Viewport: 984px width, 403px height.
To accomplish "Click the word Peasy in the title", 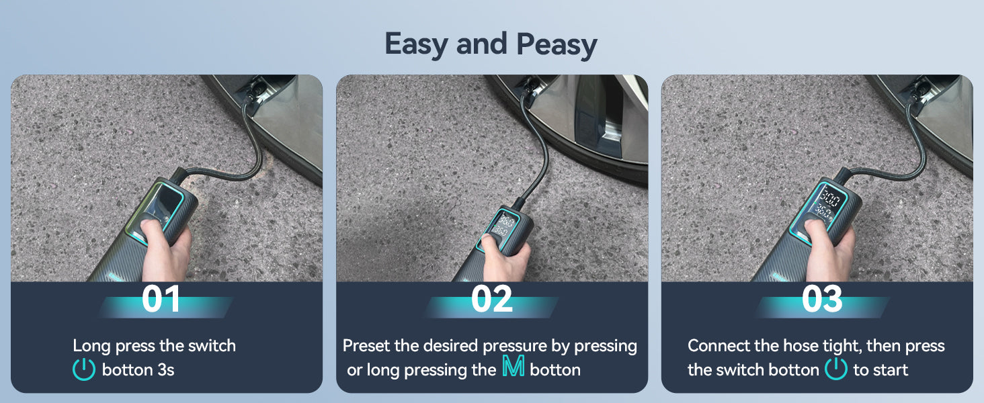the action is (x=557, y=45).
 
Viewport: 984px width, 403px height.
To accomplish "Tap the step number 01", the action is (x=161, y=299).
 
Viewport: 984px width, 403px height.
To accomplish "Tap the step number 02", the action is (x=491, y=299).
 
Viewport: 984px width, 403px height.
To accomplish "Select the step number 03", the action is (x=822, y=299).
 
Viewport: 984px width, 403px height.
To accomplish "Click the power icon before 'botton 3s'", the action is (x=83, y=369).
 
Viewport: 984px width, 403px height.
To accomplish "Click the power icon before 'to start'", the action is (x=835, y=369).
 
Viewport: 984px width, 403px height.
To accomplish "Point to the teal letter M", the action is (x=513, y=366).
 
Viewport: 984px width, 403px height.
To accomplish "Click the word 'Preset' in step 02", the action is (x=366, y=346).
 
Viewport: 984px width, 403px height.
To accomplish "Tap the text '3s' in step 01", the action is (x=165, y=370).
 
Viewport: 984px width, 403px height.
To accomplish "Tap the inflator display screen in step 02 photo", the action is (x=500, y=225).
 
